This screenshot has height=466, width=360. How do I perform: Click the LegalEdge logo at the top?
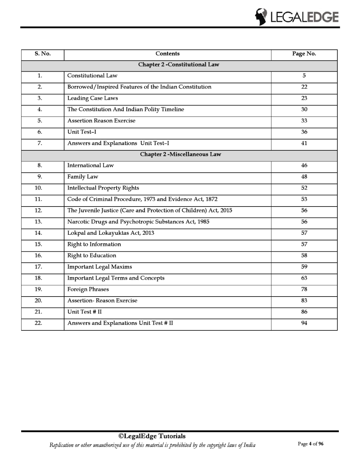point(296,17)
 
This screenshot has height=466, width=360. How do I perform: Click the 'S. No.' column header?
point(43,54)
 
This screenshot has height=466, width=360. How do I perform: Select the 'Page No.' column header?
point(304,54)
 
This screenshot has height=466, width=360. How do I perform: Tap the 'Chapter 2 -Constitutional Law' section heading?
point(179,65)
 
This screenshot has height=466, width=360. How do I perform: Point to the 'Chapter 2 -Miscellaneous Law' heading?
point(180,154)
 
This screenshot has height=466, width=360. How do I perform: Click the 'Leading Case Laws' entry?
point(92,98)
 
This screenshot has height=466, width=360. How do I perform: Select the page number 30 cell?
point(304,109)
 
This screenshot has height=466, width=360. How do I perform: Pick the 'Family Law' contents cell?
point(83,177)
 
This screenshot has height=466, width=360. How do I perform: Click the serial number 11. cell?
point(38,199)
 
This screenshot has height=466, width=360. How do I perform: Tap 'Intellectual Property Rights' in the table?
point(103,188)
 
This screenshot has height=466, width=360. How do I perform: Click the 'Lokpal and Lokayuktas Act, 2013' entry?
point(110,233)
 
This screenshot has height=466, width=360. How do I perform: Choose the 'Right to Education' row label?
point(91,256)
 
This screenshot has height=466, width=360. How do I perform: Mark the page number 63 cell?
point(304,278)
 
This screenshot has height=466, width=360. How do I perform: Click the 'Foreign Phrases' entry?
point(88,289)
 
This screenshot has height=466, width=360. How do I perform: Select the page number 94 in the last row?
point(304,323)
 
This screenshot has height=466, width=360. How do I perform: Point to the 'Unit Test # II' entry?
point(84,312)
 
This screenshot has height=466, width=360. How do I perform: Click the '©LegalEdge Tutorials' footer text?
point(152,436)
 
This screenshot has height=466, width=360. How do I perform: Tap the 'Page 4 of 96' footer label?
point(311,444)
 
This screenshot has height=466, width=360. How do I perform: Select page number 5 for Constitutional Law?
point(304,76)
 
